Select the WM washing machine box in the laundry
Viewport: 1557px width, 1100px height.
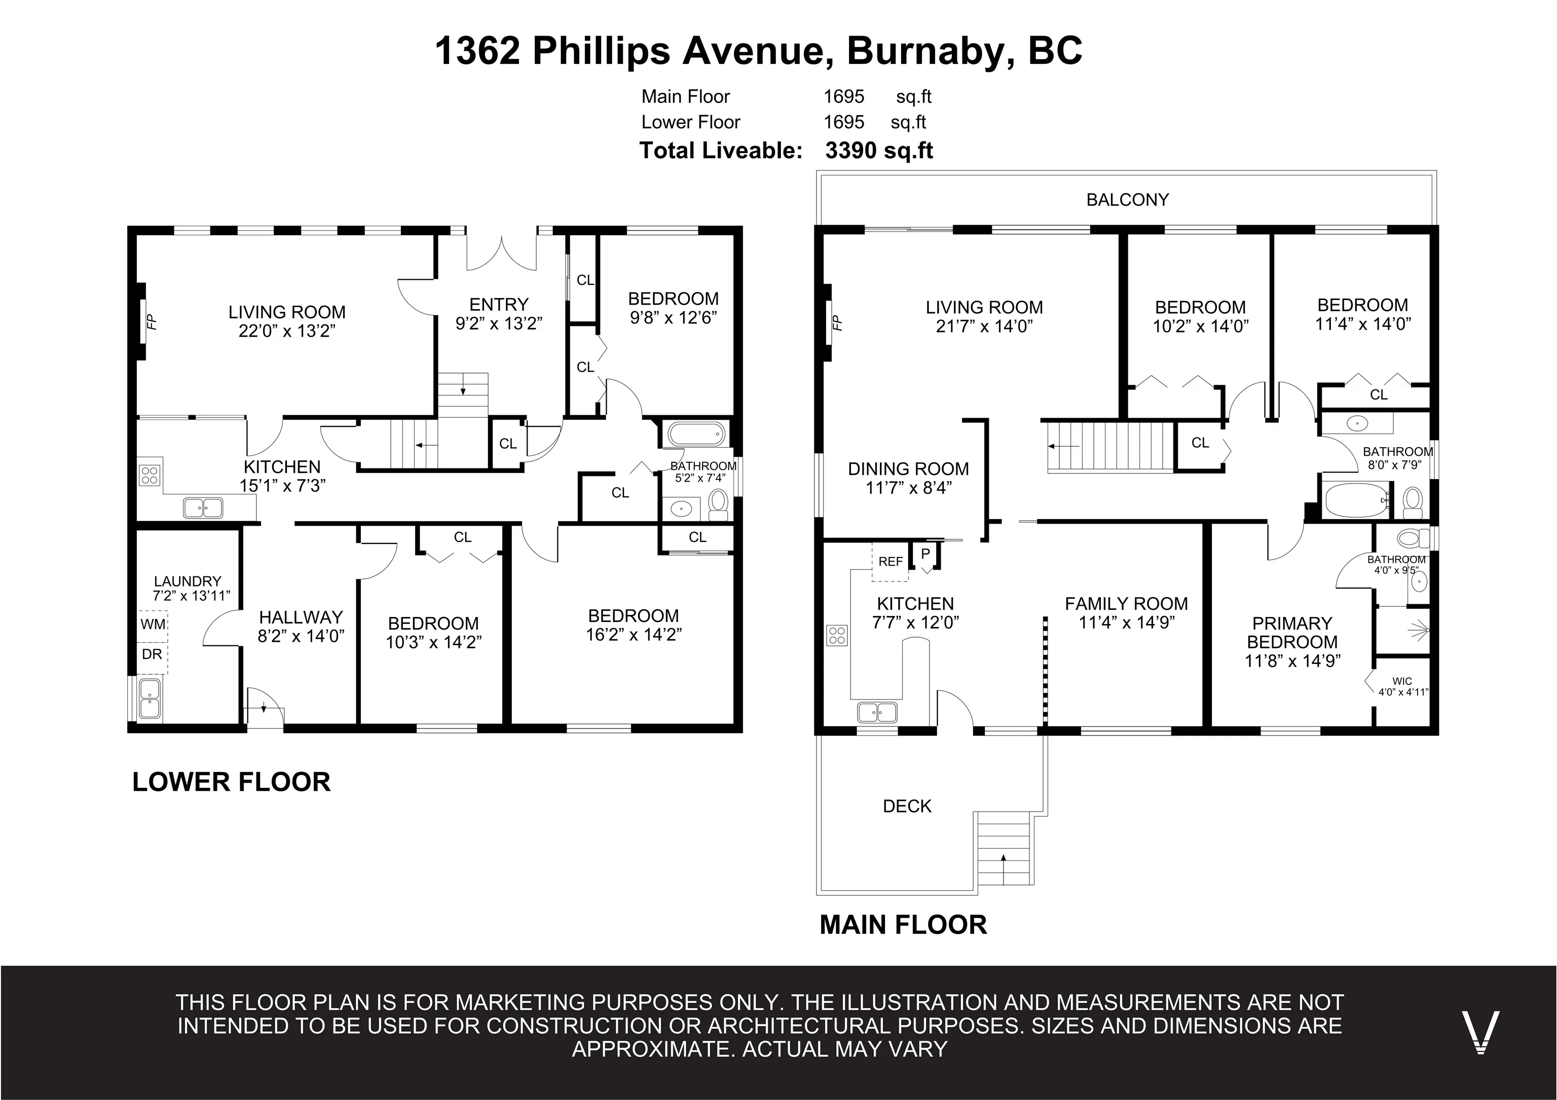coord(153,624)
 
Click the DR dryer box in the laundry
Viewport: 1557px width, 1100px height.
coord(153,654)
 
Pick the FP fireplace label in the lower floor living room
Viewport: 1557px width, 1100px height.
coord(152,321)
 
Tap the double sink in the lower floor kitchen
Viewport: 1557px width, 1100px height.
coord(203,507)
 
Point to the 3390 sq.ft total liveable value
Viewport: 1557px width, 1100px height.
coord(879,151)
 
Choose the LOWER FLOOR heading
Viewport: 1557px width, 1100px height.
coord(231,782)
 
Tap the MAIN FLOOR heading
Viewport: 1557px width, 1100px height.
coord(903,925)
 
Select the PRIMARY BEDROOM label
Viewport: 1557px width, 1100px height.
coord(1292,633)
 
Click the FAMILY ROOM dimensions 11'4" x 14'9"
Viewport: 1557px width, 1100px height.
coord(1126,622)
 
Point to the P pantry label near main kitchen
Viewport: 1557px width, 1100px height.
coord(925,554)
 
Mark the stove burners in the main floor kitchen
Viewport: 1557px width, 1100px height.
coord(837,635)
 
